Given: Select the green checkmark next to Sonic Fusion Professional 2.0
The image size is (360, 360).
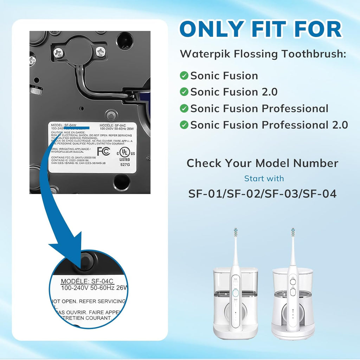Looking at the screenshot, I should [x=184, y=125].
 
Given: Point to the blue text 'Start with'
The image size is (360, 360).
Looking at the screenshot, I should [x=264, y=179].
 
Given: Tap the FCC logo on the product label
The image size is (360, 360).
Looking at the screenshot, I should [x=103, y=151].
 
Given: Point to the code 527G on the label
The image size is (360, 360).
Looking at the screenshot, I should [x=125, y=164].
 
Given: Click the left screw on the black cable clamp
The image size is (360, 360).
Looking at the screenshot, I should [x=58, y=53].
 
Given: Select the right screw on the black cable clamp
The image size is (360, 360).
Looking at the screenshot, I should [x=101, y=52].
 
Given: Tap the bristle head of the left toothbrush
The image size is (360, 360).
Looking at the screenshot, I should [x=236, y=232].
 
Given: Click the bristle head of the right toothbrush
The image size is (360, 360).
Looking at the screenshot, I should [x=292, y=232].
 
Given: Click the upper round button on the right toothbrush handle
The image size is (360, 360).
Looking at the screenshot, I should [x=292, y=281].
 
